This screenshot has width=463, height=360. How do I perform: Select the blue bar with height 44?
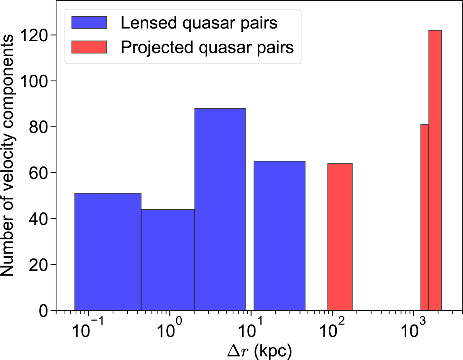coord(168,260)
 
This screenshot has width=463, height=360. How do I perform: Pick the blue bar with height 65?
coord(279,236)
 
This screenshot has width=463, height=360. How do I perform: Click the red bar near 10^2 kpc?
coord(340,237)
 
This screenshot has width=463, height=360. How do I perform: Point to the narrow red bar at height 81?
coord(425,217)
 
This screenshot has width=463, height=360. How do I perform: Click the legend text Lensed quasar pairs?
coord(199,24)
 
